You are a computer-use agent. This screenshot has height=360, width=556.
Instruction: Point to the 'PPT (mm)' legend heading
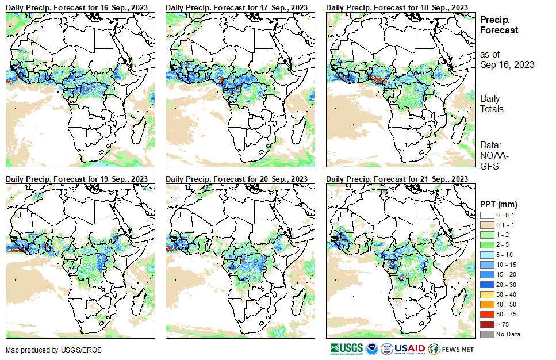pyautogui.click(x=499, y=204)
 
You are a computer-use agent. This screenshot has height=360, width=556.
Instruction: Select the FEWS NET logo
pyautogui.click(x=451, y=349)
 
